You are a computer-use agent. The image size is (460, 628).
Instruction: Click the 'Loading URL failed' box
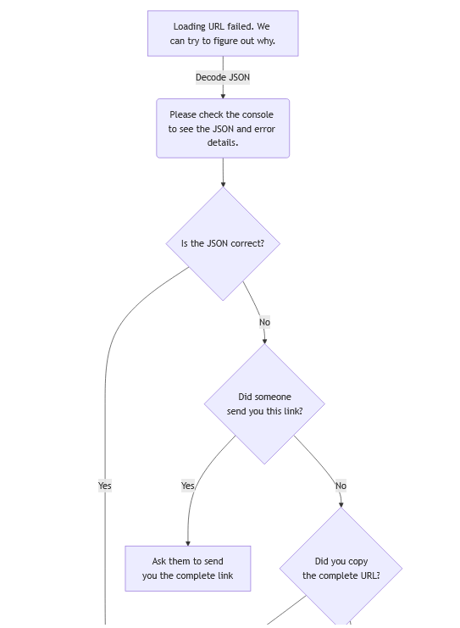pyautogui.click(x=223, y=34)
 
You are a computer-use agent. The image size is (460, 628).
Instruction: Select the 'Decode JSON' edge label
pyautogui.click(x=223, y=77)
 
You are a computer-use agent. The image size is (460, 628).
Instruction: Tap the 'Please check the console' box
pyautogui.click(x=223, y=128)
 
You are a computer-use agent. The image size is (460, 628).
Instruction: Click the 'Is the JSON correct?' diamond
pyautogui.click(x=223, y=243)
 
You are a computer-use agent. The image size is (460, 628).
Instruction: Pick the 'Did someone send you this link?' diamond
pyautogui.click(x=264, y=403)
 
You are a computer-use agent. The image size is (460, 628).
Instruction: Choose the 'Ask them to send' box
pyautogui.click(x=188, y=569)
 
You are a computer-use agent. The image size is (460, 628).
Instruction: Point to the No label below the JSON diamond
pyautogui.click(x=264, y=322)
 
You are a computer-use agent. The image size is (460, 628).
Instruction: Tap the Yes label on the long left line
pyautogui.click(x=105, y=486)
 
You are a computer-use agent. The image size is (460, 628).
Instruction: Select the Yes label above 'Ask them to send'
pyautogui.click(x=188, y=486)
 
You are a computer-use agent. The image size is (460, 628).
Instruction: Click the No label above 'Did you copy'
pyautogui.click(x=341, y=486)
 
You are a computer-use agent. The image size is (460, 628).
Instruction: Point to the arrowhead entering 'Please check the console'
pyautogui.click(x=223, y=96)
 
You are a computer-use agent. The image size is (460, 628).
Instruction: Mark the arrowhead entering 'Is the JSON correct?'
pyautogui.click(x=223, y=184)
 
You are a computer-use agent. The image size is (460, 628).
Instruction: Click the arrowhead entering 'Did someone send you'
pyautogui.click(x=264, y=342)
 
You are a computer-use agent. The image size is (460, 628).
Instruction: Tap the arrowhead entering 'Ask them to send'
pyautogui.click(x=188, y=543)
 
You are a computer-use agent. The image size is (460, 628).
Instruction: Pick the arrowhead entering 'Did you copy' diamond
pyautogui.click(x=341, y=504)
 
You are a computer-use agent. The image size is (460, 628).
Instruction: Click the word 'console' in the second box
pyautogui.click(x=258, y=114)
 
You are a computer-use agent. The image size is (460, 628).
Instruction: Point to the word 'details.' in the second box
pyautogui.click(x=223, y=142)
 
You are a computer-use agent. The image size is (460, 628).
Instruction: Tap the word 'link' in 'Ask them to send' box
pyautogui.click(x=225, y=575)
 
